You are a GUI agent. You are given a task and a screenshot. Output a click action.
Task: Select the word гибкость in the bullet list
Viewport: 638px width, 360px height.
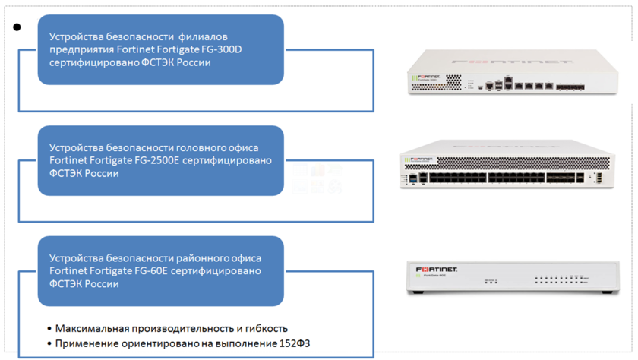(x=264, y=328)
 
